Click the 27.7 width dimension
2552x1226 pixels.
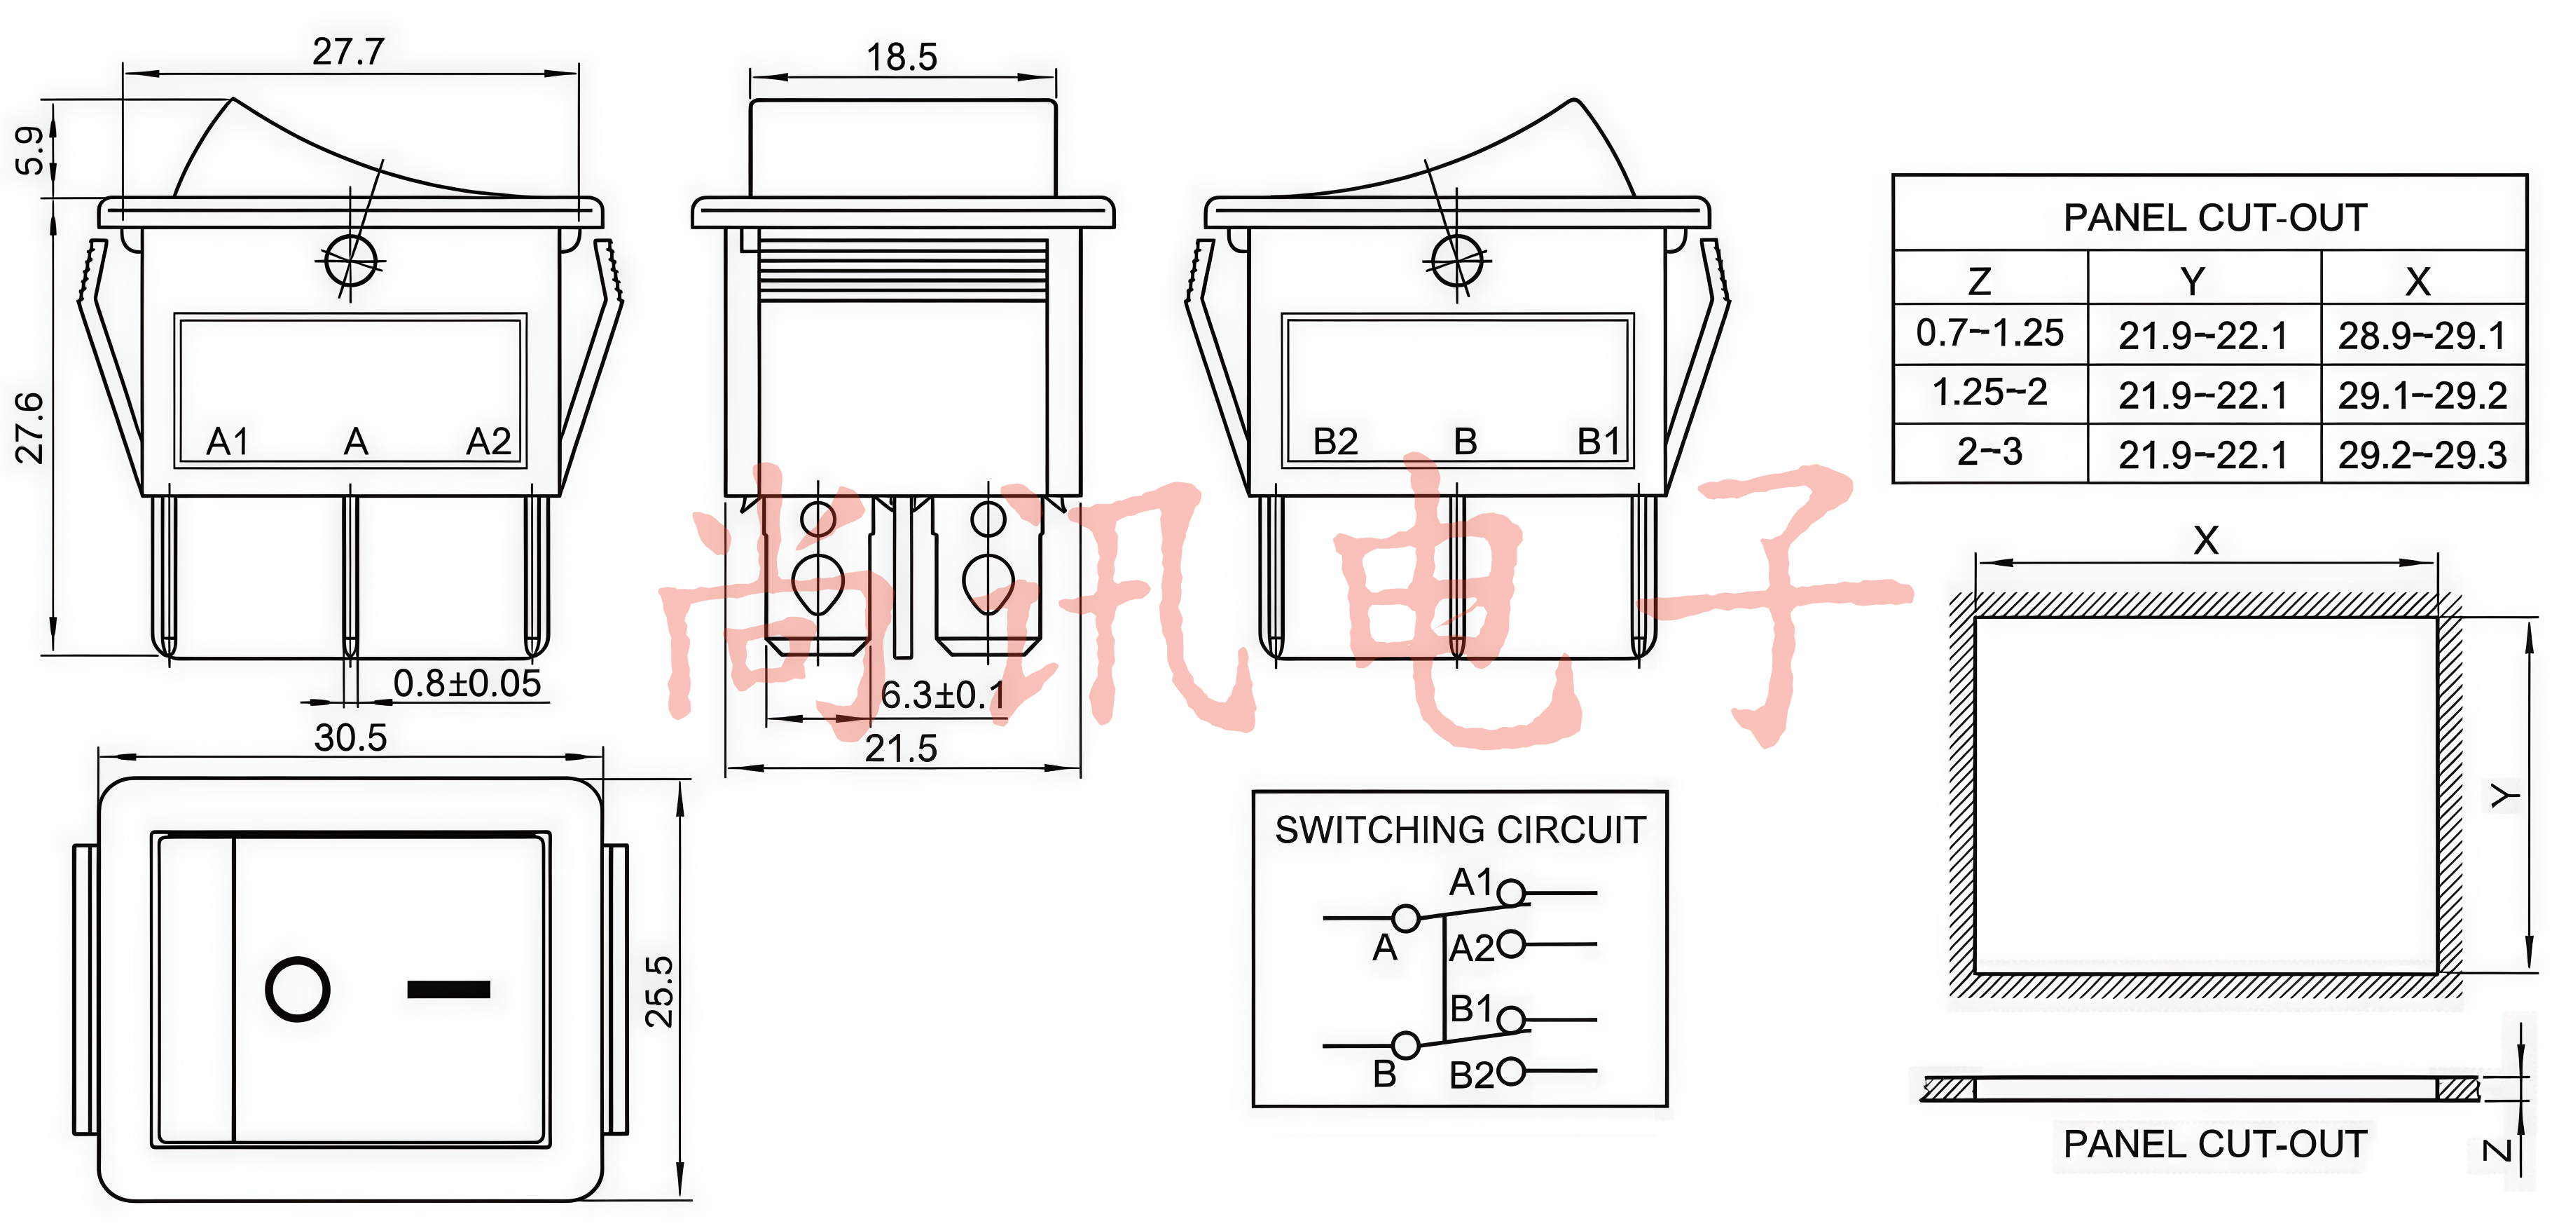tap(347, 52)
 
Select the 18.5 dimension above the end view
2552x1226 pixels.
tap(902, 57)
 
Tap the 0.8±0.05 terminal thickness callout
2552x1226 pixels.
tap(467, 683)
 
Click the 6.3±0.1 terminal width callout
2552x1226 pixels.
tap(942, 695)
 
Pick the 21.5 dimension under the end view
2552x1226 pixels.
tap(901, 748)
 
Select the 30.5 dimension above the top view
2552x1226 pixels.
tap(350, 737)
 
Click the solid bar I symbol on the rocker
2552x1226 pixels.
tap(449, 989)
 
